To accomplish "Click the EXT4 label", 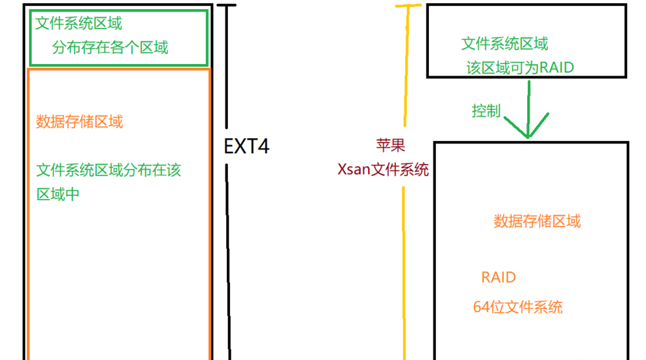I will tap(246, 146).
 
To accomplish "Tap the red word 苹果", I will tap(391, 145).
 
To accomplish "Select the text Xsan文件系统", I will tap(383, 170).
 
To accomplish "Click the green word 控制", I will tap(486, 111).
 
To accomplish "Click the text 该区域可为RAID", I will tap(520, 67).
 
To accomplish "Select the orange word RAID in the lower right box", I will tap(499, 278).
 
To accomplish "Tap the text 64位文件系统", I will tap(517, 307).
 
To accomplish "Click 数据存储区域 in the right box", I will tap(537, 221).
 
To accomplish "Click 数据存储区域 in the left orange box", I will tap(79, 122).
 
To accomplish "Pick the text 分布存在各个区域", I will tap(110, 47).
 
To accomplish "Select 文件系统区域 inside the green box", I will tap(78, 24).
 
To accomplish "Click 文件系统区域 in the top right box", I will tap(505, 44).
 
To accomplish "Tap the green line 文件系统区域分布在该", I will tap(109, 170).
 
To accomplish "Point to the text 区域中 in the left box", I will tap(58, 194).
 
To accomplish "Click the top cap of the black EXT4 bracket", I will tap(227, 6).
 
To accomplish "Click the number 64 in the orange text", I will tap(481, 307).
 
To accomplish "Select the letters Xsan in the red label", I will tap(353, 170).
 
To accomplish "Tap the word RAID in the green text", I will tap(556, 67).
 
